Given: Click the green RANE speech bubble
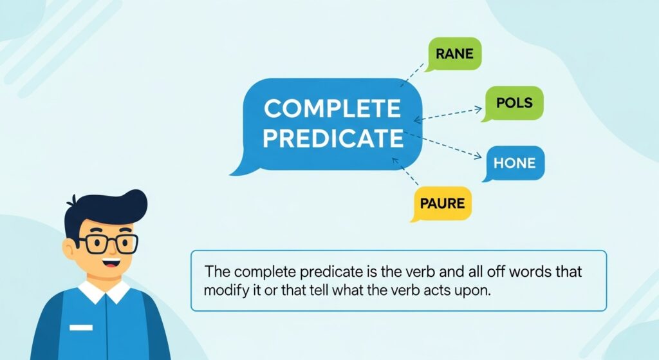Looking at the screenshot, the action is click(x=454, y=53).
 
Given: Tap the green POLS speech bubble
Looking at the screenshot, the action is click(x=514, y=103).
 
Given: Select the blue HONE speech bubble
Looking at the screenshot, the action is click(x=514, y=163).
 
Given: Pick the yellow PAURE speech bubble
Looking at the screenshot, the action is click(x=442, y=204).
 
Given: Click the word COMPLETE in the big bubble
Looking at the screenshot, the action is click(x=333, y=108).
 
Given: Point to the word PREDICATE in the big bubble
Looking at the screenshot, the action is click(x=333, y=138).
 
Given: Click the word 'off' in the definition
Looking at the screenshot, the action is click(x=496, y=272).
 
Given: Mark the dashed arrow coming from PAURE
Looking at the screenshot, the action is click(x=405, y=171).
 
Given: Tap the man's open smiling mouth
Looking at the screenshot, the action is click(x=111, y=264).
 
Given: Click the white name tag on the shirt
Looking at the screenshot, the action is click(x=81, y=327).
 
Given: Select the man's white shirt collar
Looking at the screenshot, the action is click(x=104, y=292).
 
